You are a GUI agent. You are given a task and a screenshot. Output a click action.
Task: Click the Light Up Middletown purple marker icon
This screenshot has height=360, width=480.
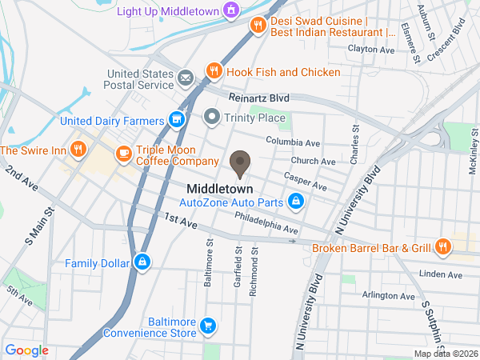tap(231, 10)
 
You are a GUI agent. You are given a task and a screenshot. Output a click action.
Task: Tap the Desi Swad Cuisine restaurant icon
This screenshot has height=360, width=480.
tap(257, 26)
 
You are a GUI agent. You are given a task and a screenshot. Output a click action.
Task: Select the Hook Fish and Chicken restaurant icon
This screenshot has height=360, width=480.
tap(214, 71)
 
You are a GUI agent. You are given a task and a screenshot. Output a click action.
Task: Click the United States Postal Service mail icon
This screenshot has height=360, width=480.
tap(186, 78)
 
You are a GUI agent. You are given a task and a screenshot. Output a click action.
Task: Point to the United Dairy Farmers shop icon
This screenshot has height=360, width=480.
tap(177, 121)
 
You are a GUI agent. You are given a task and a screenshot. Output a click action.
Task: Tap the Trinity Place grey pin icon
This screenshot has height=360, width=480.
tap(212, 118)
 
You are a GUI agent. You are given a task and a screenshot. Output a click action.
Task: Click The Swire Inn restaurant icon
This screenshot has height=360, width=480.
tap(78, 149)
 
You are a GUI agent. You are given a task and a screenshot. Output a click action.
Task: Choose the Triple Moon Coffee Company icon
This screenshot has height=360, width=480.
tap(123, 153)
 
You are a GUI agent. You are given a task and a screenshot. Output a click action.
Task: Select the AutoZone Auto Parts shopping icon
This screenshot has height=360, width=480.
tap(296, 201)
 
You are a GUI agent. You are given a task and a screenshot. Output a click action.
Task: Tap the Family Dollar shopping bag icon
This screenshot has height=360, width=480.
tap(142, 262)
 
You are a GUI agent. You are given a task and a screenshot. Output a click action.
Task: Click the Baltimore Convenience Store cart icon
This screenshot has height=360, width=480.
tap(208, 325)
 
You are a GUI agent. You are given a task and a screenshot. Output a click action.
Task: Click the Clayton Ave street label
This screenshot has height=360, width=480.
tap(371, 50)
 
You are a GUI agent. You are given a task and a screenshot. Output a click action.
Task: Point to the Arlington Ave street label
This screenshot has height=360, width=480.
tap(387, 296)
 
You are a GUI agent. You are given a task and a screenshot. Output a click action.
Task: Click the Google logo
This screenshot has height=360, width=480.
tap(27, 350)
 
